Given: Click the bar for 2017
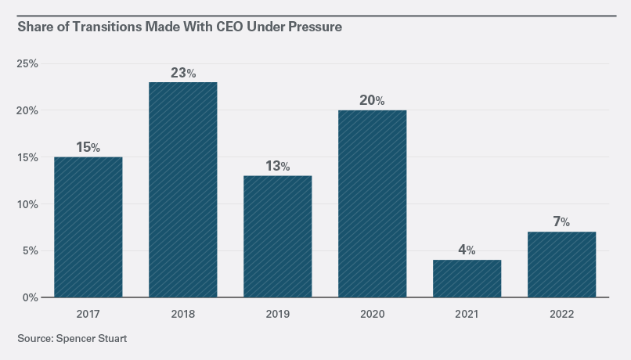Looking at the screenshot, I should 88,227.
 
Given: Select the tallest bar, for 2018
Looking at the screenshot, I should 182,189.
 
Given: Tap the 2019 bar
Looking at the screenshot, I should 277,236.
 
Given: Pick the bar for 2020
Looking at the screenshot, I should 372,203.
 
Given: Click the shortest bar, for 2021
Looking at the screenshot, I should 467,279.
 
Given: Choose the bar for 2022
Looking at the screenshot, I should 561,265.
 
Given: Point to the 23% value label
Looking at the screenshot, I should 182,73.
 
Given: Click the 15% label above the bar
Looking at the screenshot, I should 88,147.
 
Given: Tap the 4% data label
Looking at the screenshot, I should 467,250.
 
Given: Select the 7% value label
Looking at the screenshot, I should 561,222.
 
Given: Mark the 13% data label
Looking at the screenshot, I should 277,166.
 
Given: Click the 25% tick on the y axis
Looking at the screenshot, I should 27,63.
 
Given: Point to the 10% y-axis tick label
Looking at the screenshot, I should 27,204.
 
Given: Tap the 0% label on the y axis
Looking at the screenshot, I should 30,298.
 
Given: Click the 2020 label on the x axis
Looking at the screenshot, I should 372,314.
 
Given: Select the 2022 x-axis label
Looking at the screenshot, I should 561,314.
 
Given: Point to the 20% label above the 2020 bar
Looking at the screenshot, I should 372,100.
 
